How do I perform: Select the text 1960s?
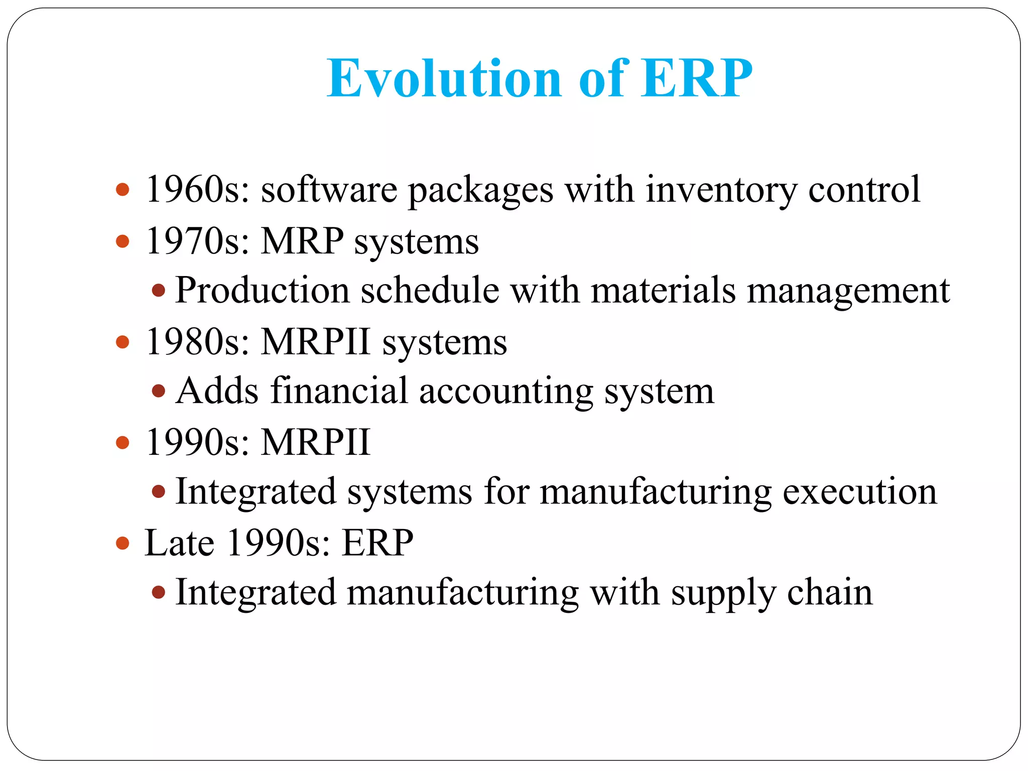pos(197,190)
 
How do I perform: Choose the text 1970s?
pos(197,241)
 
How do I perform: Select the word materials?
pos(663,291)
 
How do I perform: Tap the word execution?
pos(860,492)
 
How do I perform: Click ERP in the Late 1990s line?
pos(377,543)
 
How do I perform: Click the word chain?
pos(830,593)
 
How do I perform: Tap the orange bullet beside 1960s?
pos(122,190)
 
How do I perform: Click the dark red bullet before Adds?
pos(159,391)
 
